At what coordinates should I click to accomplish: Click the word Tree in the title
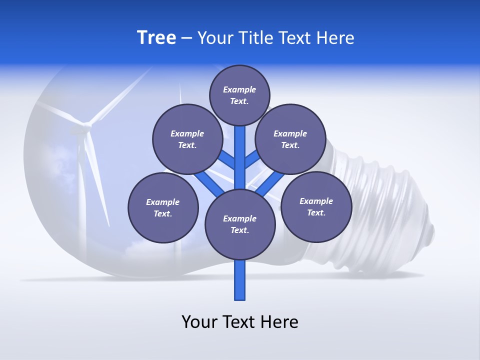tap(156, 37)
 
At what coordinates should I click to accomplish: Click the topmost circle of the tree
tap(239, 95)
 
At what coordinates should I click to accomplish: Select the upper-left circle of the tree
tap(187, 139)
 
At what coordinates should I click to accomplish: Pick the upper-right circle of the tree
tap(290, 139)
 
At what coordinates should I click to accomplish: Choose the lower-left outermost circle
tap(163, 207)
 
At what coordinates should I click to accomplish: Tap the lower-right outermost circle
tap(316, 206)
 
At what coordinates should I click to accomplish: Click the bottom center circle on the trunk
tap(240, 224)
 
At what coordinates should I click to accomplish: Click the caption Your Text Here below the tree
tap(240, 322)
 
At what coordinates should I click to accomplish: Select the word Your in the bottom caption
tap(200, 322)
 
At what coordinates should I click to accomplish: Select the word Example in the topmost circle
tap(239, 89)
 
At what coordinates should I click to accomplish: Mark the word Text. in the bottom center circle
tap(239, 230)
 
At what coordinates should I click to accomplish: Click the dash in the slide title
tap(186, 38)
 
